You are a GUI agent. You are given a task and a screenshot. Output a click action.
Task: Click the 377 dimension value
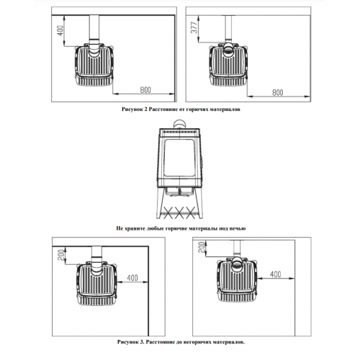tap(194, 27)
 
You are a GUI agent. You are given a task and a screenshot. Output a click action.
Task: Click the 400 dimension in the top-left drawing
tap(61, 30)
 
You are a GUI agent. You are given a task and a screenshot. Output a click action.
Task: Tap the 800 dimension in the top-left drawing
tap(145, 90)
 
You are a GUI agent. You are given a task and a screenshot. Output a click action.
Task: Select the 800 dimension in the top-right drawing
tap(278, 92)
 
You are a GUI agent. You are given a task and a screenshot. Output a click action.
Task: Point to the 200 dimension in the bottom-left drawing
tap(61, 255)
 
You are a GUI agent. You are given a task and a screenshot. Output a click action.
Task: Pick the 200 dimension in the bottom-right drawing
tap(202, 247)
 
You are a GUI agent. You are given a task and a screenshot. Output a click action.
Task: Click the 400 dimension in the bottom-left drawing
tap(132, 278)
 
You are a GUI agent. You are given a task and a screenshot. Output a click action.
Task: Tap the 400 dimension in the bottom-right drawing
tap(276, 274)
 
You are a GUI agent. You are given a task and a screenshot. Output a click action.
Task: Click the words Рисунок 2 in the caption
tap(135, 109)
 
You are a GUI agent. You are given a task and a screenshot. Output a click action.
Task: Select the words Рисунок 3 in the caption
tap(131, 342)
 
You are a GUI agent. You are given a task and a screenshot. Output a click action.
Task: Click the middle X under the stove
tap(178, 212)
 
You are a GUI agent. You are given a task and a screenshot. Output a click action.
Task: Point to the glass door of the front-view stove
tap(179, 158)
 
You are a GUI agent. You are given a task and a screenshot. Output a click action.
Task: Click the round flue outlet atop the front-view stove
tap(179, 124)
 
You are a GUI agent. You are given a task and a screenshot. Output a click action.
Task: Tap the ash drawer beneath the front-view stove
tap(179, 191)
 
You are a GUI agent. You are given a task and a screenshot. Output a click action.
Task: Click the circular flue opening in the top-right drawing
tap(228, 50)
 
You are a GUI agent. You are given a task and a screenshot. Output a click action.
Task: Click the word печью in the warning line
tap(238, 228)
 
